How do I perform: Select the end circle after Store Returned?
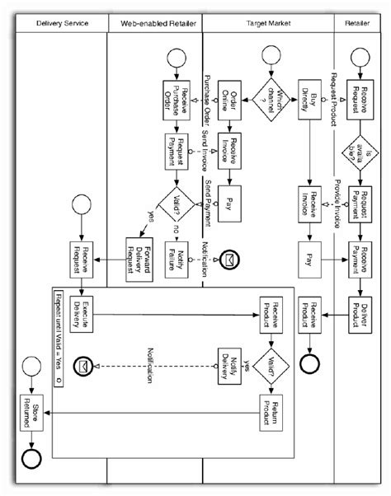pos(31,456)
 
